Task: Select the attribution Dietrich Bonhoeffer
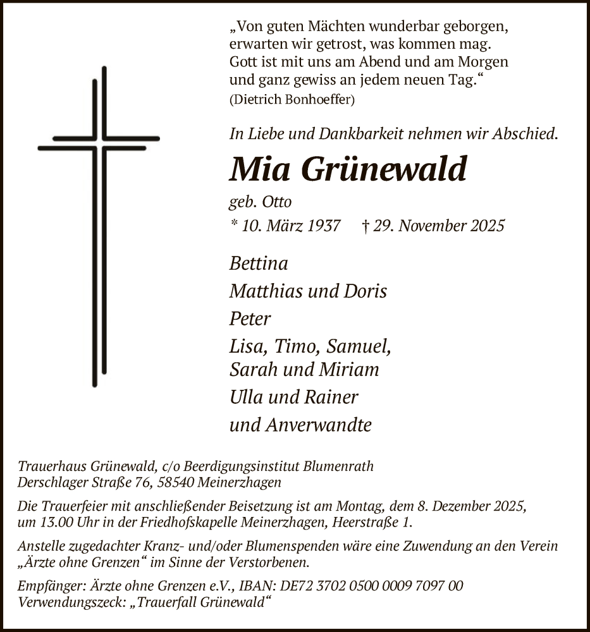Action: coord(292,99)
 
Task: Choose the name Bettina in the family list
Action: coord(259,263)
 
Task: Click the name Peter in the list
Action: coord(250,319)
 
